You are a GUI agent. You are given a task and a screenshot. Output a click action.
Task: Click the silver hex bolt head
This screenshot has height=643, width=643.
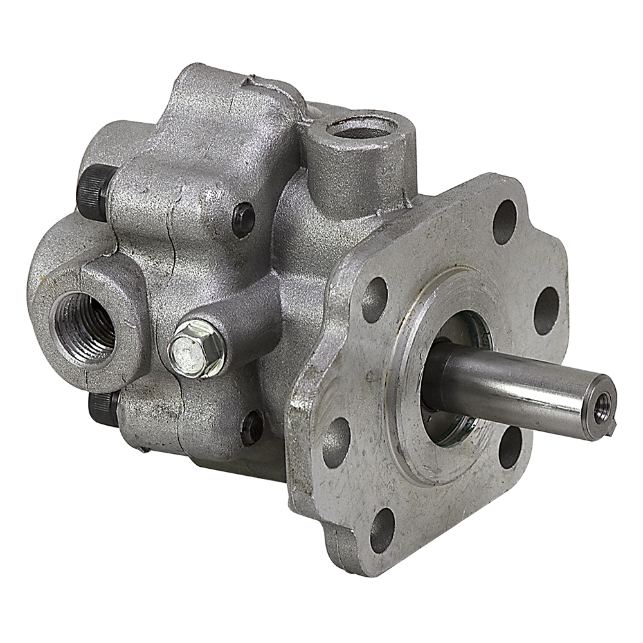click(197, 349)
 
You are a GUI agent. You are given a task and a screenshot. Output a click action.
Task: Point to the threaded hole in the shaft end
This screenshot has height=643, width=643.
click(601, 407)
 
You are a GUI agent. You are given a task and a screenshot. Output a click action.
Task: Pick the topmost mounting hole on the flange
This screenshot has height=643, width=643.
click(505, 222)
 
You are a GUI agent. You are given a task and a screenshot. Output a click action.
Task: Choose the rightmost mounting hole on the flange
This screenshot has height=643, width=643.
click(547, 311)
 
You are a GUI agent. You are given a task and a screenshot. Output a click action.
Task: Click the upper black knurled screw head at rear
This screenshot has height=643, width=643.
click(95, 191)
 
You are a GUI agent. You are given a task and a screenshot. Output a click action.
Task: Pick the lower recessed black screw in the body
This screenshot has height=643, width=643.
click(253, 427)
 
